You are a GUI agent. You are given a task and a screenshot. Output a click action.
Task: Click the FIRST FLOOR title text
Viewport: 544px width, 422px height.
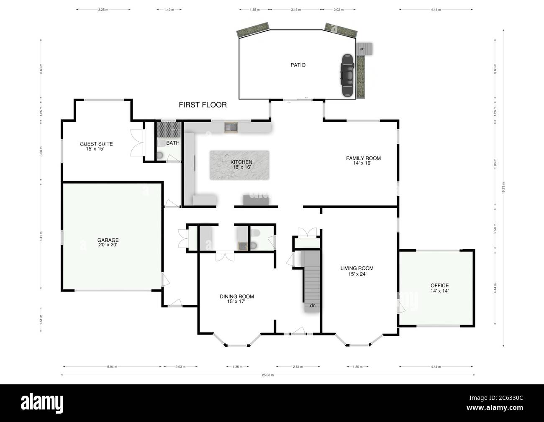click(203, 105)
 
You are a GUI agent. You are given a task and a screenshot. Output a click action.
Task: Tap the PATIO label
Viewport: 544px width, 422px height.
click(298, 65)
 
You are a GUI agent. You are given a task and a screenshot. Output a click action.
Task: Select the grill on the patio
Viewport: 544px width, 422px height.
click(347, 75)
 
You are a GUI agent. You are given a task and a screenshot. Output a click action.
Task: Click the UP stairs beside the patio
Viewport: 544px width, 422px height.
click(364, 49)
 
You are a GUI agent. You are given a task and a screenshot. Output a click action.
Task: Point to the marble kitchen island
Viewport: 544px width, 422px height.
click(239, 166)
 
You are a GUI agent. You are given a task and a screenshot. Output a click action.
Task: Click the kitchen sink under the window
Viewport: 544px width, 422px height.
click(231, 127)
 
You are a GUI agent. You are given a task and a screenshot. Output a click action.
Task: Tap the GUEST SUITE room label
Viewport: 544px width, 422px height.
click(96, 146)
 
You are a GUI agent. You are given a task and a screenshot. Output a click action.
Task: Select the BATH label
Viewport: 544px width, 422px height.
click(172, 143)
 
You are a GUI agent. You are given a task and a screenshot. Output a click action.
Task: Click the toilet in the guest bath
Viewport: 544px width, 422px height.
click(160, 155)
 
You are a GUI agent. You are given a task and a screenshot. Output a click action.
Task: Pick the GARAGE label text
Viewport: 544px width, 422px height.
click(108, 243)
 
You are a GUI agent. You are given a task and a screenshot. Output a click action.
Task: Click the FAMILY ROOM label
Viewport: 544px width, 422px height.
click(363, 161)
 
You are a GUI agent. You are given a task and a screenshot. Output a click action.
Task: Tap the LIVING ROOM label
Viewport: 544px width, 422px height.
click(357, 271)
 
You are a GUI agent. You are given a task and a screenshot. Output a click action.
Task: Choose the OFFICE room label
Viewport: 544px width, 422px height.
click(439, 288)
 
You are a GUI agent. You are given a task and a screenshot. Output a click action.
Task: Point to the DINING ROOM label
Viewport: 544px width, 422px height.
click(237, 299)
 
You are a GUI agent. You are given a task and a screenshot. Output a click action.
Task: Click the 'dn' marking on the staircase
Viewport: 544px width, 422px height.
click(312, 306)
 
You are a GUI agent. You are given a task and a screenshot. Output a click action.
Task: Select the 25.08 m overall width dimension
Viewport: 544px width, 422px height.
click(268, 375)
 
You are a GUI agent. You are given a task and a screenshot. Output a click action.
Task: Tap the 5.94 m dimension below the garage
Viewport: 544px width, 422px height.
click(112, 367)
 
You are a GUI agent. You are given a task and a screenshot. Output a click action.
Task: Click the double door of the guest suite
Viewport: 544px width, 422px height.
click(136, 143)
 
